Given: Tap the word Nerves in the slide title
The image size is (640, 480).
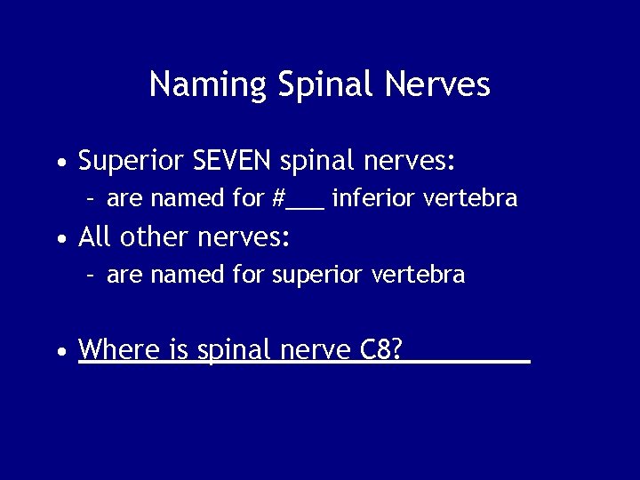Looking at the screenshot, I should coord(437,84).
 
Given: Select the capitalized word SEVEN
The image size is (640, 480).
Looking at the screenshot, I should coord(232,161).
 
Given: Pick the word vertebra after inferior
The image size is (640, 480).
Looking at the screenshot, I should coord(469,198).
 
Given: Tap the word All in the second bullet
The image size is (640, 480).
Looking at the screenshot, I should coord(95,237).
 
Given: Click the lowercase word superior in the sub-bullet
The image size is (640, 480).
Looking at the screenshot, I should coord(313,276).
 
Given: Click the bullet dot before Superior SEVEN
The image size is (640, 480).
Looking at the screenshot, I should coord(60,164).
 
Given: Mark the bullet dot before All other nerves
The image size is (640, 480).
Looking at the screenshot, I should coord(60,240).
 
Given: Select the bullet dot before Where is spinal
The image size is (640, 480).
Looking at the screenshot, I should coord(60,352).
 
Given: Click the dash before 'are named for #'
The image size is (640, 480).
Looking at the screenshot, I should coord(91,199).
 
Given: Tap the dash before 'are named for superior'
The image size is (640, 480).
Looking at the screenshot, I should coord(91,276).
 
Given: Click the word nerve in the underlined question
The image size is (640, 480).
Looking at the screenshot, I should coord(317,350).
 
